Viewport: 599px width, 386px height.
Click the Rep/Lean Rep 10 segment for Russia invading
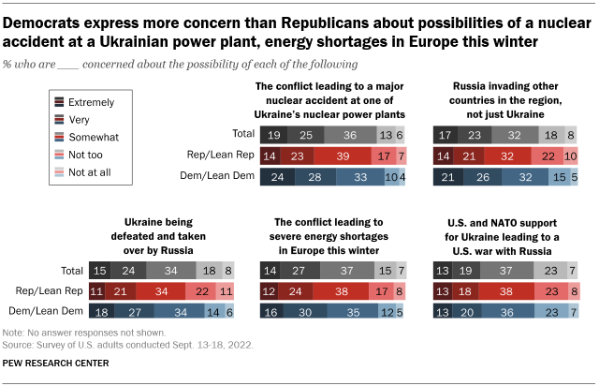[x=571, y=156]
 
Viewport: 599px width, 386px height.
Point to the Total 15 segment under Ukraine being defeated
[x=100, y=271]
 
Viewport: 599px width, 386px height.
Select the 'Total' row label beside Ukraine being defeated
[x=69, y=271]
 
